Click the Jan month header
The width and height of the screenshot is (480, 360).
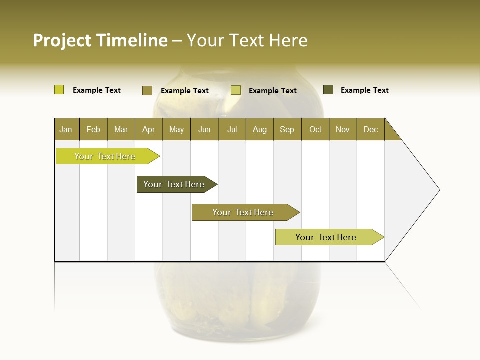click(66, 129)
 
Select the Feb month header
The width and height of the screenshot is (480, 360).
click(93, 129)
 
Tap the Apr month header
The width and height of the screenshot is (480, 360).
click(148, 129)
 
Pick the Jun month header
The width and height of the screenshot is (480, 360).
click(204, 129)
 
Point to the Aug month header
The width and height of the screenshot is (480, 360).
click(259, 129)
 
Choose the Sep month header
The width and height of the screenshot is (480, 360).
click(287, 129)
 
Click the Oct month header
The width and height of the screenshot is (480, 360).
click(315, 129)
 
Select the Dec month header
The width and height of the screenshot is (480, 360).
click(370, 129)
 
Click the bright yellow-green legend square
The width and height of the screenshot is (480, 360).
click(59, 90)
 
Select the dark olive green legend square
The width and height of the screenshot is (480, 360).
click(328, 90)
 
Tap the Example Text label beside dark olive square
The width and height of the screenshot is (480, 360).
click(364, 90)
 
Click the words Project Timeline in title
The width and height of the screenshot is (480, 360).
click(100, 40)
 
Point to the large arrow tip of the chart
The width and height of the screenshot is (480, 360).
click(435, 190)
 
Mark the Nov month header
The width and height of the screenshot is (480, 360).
click(342, 129)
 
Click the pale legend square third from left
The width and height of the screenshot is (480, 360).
click(236, 90)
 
